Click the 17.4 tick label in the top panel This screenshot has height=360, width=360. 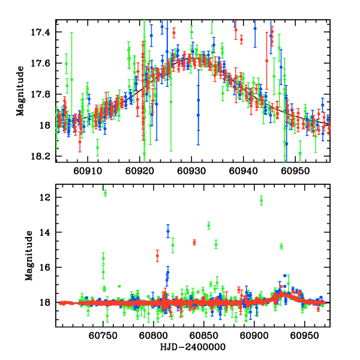[x=43, y=32]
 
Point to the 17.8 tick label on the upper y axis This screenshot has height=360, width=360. [x=43, y=94]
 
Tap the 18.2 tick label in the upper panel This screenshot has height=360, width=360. [x=43, y=157]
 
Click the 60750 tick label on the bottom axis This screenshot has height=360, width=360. [x=101, y=336]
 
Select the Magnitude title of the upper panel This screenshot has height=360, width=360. [x=20, y=91]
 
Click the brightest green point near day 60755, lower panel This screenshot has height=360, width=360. [x=105, y=193]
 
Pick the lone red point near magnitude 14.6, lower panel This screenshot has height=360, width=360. [x=194, y=242]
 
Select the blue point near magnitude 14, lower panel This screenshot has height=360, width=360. [x=168, y=231]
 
